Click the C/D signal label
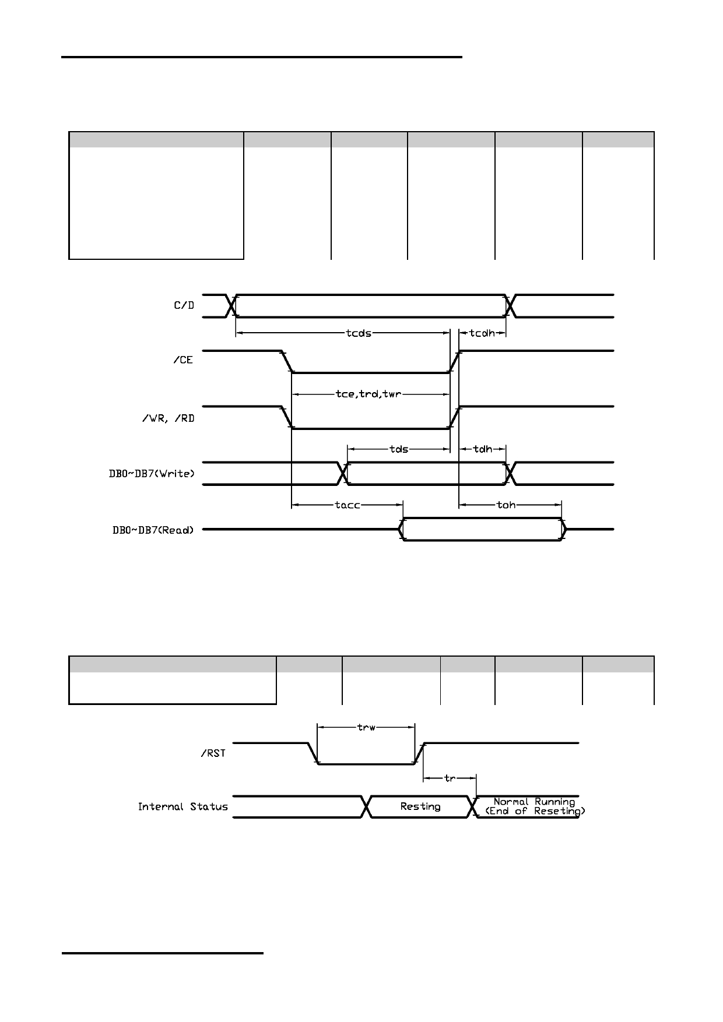(x=184, y=305)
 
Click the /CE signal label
(x=183, y=360)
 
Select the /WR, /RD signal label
(x=168, y=418)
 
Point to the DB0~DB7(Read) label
(x=153, y=530)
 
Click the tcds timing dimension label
(x=359, y=333)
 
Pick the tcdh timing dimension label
(x=482, y=333)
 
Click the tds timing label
(x=399, y=449)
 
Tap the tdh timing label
(x=483, y=449)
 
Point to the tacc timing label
(x=348, y=505)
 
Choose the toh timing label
(x=506, y=505)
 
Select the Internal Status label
(x=183, y=807)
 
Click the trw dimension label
(x=366, y=727)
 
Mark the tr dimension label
(x=450, y=778)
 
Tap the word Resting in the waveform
(x=420, y=806)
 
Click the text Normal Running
(x=534, y=802)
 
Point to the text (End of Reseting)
(x=535, y=811)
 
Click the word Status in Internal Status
(x=209, y=807)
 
